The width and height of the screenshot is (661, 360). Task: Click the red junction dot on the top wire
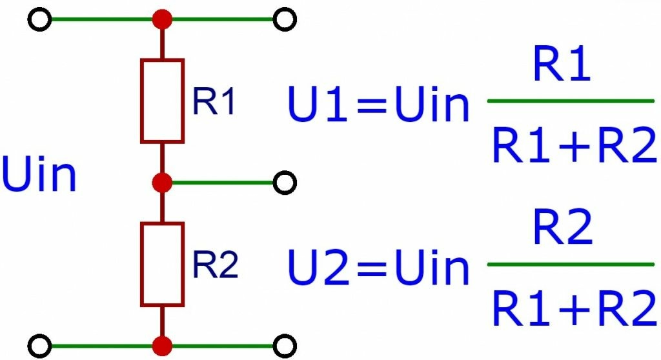pyautogui.click(x=162, y=19)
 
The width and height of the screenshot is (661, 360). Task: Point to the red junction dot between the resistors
pyautogui.click(x=162, y=183)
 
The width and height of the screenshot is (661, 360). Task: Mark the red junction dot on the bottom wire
pyautogui.click(x=162, y=346)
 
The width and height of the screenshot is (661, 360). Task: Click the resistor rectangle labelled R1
pyautogui.click(x=141, y=101)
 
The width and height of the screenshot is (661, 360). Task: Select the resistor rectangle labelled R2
pyautogui.click(x=141, y=265)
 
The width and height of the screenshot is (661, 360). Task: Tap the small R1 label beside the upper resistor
pyautogui.click(x=213, y=101)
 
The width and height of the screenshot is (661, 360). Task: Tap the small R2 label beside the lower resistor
pyautogui.click(x=215, y=265)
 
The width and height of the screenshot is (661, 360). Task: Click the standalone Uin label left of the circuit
pyautogui.click(x=39, y=174)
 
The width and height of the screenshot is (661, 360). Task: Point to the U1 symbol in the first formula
pyautogui.click(x=317, y=104)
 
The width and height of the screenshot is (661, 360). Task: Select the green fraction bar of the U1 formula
pyautogui.click(x=571, y=101)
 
